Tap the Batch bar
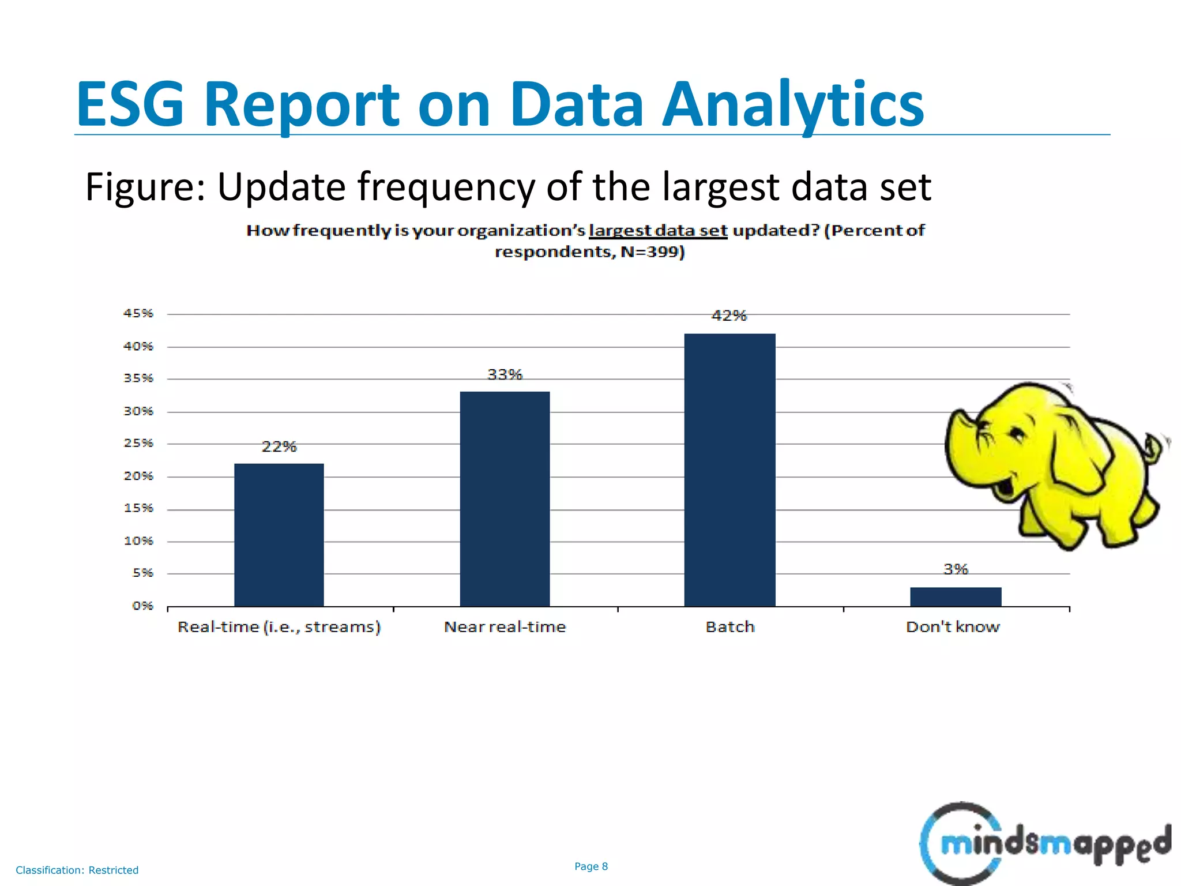(729, 470)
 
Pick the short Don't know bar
(956, 596)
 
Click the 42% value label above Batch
(729, 316)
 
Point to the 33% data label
(505, 374)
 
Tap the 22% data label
(279, 446)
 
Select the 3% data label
(956, 569)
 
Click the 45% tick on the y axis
(138, 313)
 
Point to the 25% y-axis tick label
(138, 443)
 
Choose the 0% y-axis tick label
(142, 606)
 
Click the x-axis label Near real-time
(505, 627)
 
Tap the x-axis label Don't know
(953, 627)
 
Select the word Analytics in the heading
(792, 105)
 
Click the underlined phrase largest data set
(658, 231)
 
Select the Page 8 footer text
(591, 866)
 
